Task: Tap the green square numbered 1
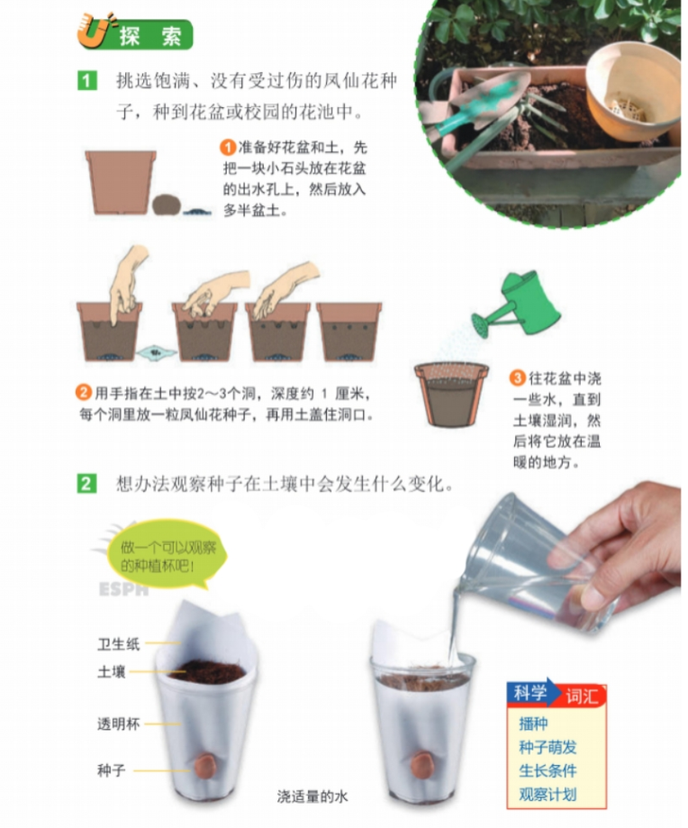click(87, 81)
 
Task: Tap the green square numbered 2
click(87, 484)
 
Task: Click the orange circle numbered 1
click(228, 147)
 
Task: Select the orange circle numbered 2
click(84, 394)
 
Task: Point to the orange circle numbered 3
click(518, 378)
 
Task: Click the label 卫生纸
click(119, 644)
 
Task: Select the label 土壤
click(112, 672)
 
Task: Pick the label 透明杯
click(119, 724)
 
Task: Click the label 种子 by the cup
click(112, 770)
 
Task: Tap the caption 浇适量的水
click(312, 796)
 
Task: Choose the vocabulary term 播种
click(533, 723)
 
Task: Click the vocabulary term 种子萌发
click(548, 747)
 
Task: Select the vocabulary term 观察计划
click(548, 794)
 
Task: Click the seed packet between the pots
click(156, 350)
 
